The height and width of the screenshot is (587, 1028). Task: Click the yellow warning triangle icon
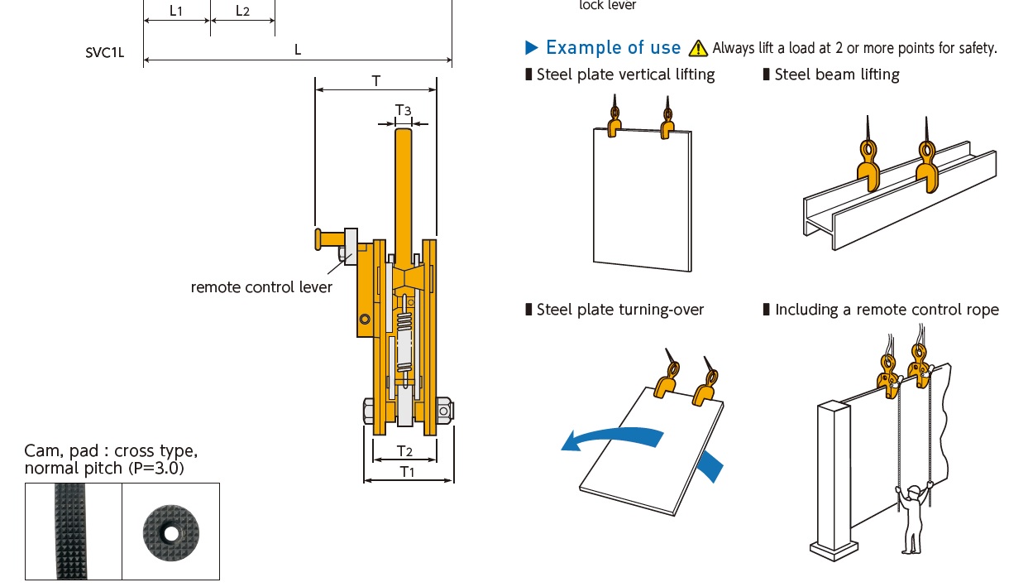click(699, 48)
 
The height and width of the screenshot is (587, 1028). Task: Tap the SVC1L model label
click(105, 51)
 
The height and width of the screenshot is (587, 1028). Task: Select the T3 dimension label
click(403, 110)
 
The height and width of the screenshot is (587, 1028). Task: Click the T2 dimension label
click(404, 450)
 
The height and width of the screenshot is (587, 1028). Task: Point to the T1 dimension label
click(407, 471)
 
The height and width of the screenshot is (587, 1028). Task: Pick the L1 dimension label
click(176, 11)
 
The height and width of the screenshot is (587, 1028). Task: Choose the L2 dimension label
click(242, 11)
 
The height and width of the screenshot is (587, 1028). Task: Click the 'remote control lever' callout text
click(261, 287)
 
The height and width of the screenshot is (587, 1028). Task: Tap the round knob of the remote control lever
click(318, 238)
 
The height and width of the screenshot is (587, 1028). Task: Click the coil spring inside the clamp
click(404, 323)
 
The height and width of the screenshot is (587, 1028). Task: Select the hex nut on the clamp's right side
click(444, 410)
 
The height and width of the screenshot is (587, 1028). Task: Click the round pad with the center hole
click(170, 532)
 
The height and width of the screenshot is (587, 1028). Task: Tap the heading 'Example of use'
click(613, 47)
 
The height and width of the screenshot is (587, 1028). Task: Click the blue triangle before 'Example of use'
click(532, 46)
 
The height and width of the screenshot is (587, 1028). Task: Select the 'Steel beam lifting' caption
click(836, 75)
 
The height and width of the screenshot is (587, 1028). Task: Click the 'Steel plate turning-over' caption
click(619, 310)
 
